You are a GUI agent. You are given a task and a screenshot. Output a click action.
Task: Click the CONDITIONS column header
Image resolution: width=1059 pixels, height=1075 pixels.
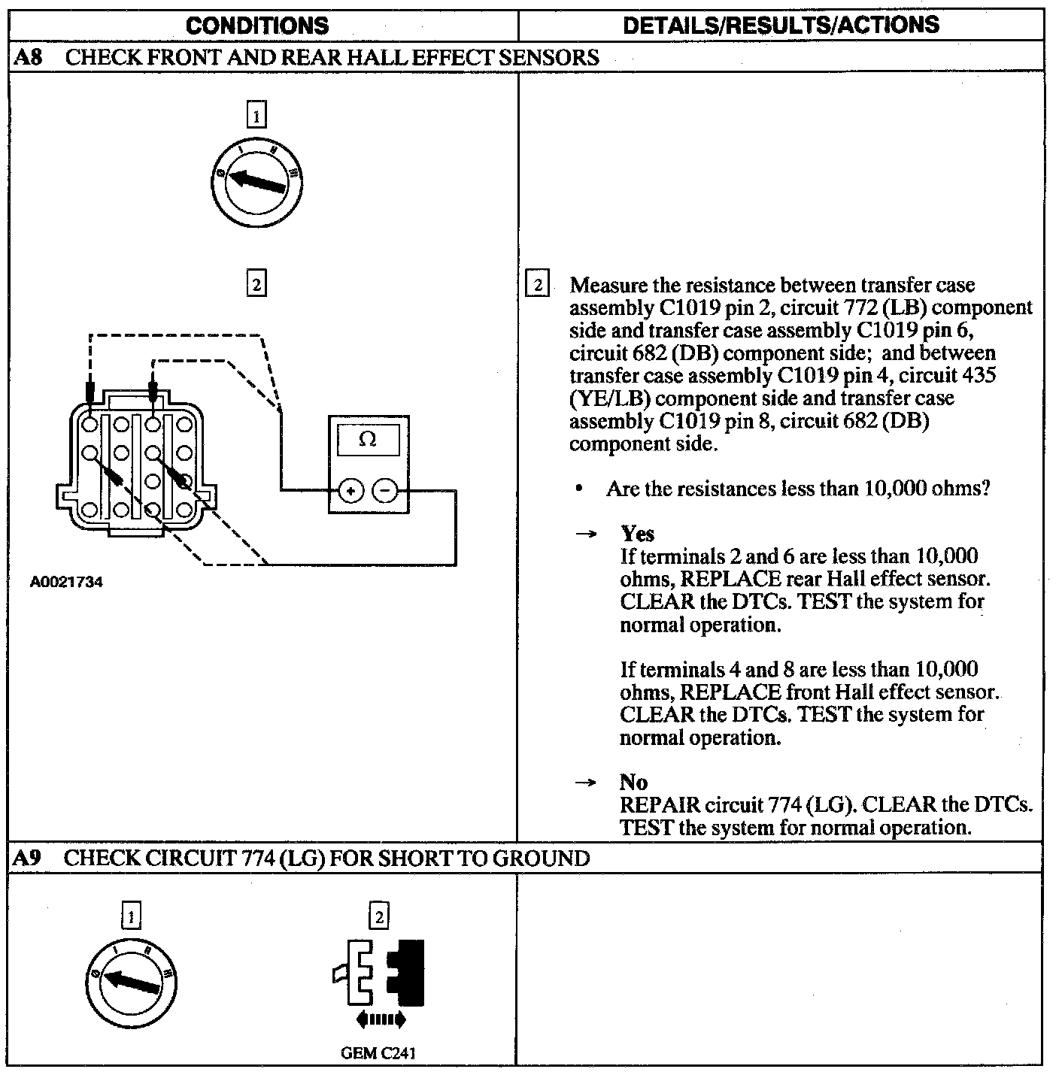click(257, 26)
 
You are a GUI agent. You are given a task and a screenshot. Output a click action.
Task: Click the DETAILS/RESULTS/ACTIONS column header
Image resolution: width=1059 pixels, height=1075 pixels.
click(781, 25)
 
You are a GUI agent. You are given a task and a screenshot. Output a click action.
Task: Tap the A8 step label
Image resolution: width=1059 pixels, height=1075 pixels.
click(28, 58)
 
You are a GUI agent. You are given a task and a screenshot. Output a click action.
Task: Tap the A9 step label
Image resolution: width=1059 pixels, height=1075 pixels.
click(27, 858)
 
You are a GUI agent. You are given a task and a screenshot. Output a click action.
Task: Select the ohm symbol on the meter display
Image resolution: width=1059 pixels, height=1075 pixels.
click(368, 439)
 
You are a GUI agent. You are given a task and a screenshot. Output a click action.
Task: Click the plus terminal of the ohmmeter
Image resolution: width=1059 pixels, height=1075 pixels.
click(350, 492)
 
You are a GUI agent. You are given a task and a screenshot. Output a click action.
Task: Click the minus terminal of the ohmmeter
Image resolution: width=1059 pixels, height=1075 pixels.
click(385, 492)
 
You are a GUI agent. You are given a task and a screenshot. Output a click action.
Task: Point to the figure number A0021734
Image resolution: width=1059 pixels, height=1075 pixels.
click(66, 582)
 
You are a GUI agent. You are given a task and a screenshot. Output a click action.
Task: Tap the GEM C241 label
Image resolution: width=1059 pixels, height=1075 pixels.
click(378, 1052)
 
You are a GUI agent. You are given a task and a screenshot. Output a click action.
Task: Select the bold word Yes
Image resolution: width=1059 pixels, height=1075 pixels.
click(637, 534)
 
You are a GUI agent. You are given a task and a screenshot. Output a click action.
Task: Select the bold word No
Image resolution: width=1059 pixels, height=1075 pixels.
click(633, 782)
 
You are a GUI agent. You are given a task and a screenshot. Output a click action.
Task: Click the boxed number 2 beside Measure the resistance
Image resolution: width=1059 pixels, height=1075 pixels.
click(537, 285)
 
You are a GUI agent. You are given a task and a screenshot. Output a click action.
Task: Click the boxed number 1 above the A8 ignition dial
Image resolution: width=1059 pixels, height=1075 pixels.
click(256, 116)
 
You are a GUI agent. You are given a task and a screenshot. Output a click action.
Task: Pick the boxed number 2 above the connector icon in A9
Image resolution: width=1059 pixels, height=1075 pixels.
click(379, 916)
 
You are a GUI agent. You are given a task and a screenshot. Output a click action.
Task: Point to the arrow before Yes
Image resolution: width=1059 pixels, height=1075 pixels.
click(585, 534)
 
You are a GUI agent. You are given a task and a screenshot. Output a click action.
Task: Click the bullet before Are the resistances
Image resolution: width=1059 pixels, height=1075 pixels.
click(578, 489)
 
